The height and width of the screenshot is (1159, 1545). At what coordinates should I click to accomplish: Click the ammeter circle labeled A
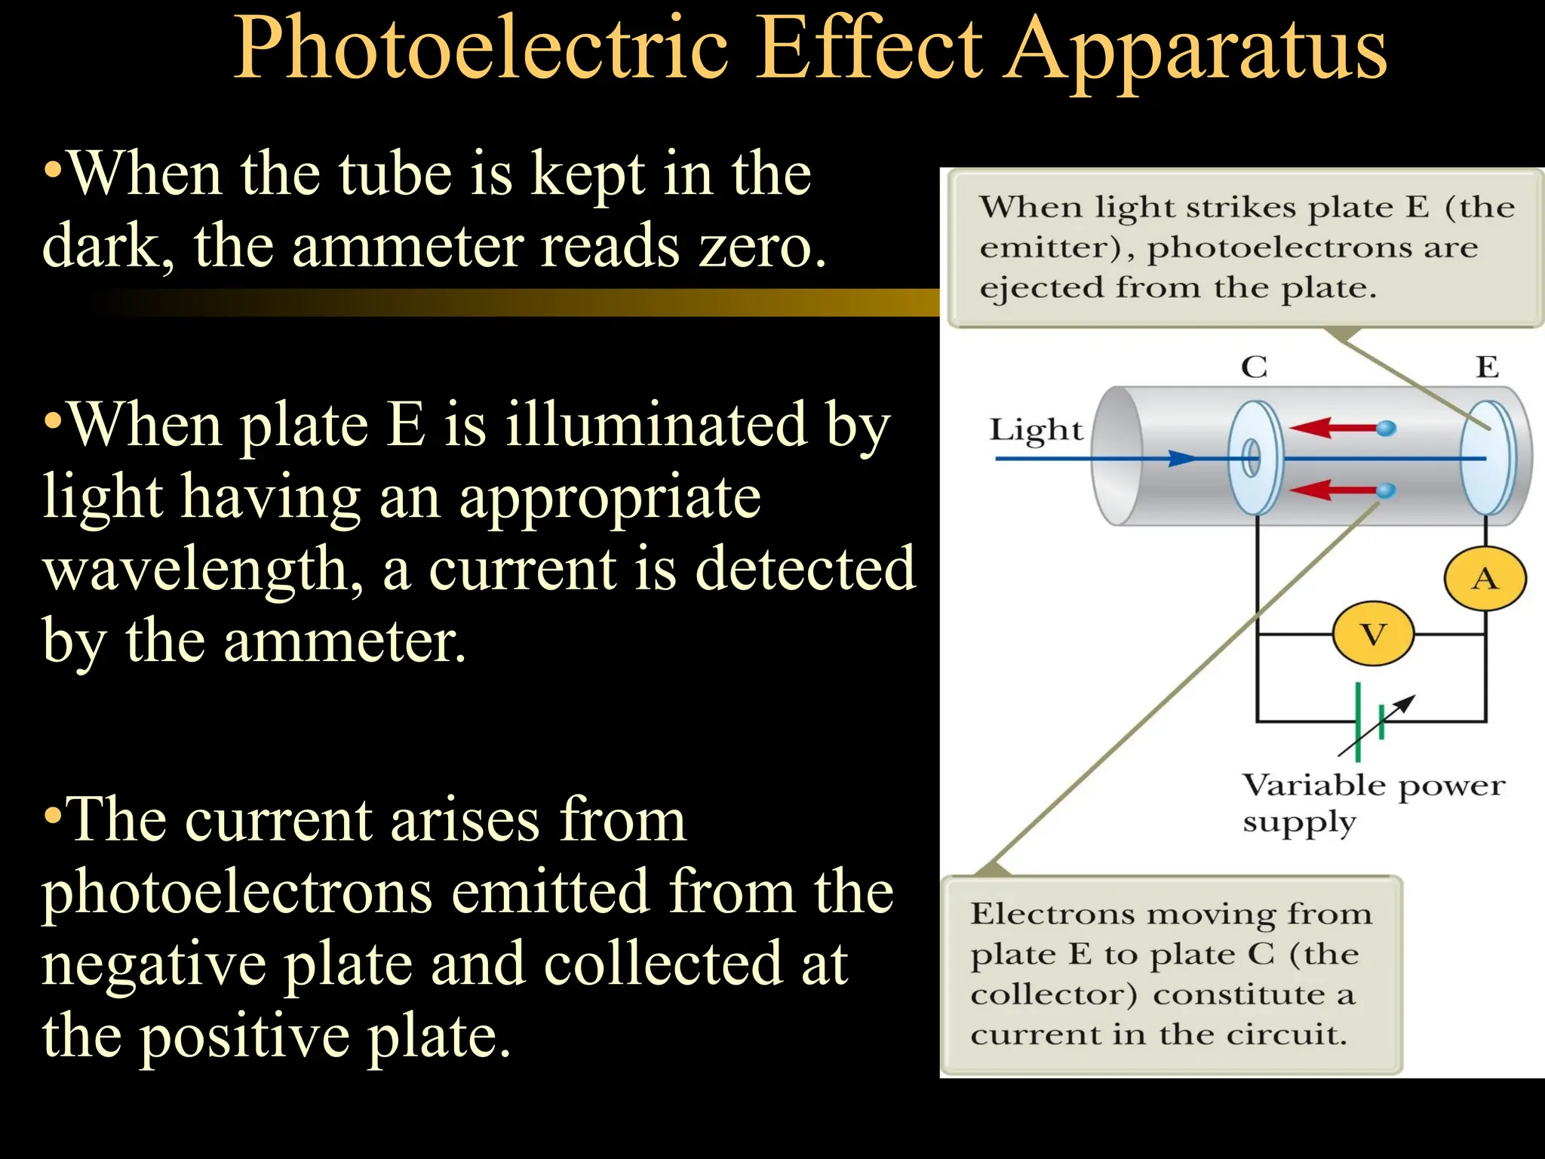pyautogui.click(x=1485, y=579)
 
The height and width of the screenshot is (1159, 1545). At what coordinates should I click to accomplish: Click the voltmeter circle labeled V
pyautogui.click(x=1373, y=635)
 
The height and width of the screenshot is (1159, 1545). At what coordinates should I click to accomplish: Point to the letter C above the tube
pyautogui.click(x=1254, y=367)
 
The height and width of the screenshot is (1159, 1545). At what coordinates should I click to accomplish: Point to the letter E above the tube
pyautogui.click(x=1487, y=367)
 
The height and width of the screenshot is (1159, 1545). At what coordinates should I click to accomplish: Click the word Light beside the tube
pyautogui.click(x=1036, y=430)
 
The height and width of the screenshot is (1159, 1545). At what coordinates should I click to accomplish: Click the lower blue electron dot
pyautogui.click(x=1386, y=490)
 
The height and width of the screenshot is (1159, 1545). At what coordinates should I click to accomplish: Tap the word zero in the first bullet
pyautogui.click(x=763, y=247)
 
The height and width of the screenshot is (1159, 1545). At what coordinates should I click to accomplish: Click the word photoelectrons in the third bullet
pyautogui.click(x=237, y=893)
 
